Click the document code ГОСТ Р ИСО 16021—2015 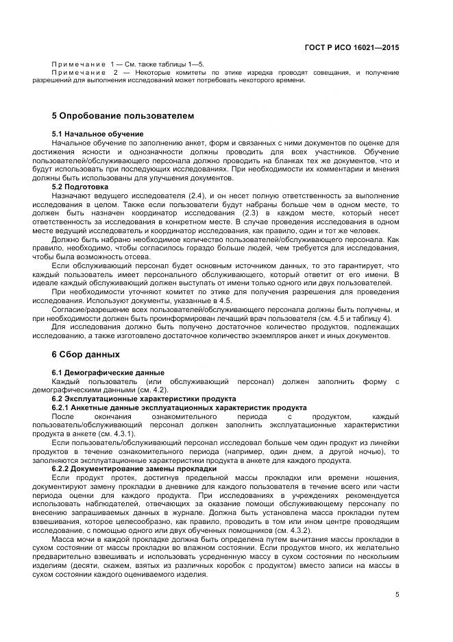coord(352,48)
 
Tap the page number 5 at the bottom coord(397,595)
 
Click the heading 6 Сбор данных coord(86,355)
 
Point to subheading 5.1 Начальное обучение coord(97,133)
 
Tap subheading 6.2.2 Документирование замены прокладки coord(134,468)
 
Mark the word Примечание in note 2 coord(77,72)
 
